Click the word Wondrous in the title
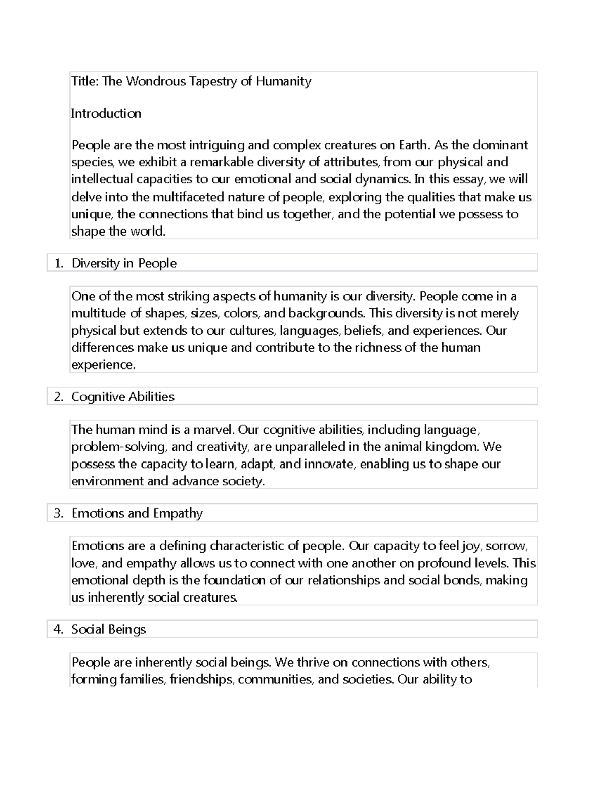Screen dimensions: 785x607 (x=156, y=81)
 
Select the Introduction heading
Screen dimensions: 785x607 (x=106, y=113)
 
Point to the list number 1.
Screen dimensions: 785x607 (x=59, y=263)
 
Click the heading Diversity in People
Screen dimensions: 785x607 (x=124, y=263)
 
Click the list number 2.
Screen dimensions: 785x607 (x=59, y=397)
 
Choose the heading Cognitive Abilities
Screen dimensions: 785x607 (x=122, y=397)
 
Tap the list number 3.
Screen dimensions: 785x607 (x=59, y=513)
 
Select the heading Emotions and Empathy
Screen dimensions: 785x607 (x=137, y=513)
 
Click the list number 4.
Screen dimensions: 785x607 (x=59, y=629)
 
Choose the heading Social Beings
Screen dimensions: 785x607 (x=108, y=629)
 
